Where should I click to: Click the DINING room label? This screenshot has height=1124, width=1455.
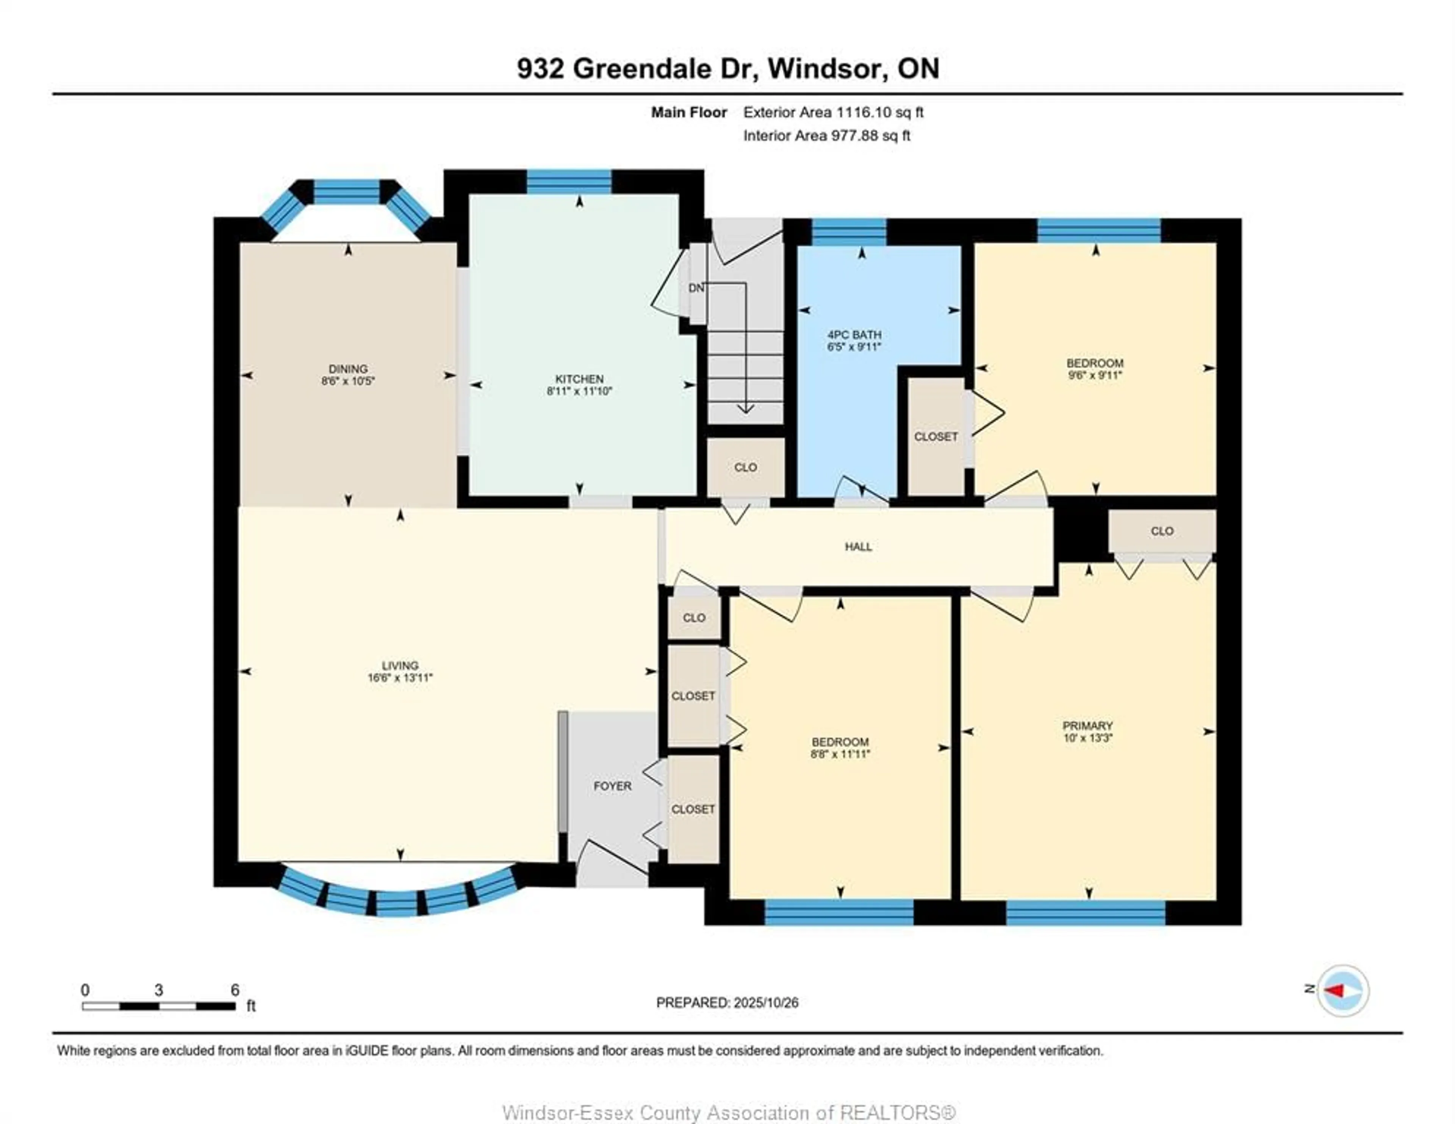pyautogui.click(x=348, y=369)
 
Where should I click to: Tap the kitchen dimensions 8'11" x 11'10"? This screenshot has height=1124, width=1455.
pyautogui.click(x=579, y=391)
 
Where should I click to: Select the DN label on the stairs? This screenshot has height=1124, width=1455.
pyautogui.click(x=696, y=288)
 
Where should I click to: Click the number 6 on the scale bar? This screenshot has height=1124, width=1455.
pyautogui.click(x=235, y=990)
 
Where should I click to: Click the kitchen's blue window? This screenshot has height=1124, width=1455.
pyautogui.click(x=569, y=181)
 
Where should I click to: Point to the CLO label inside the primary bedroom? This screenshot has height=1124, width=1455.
pyautogui.click(x=1162, y=531)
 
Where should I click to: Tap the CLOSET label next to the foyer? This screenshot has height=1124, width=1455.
pyautogui.click(x=693, y=809)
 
